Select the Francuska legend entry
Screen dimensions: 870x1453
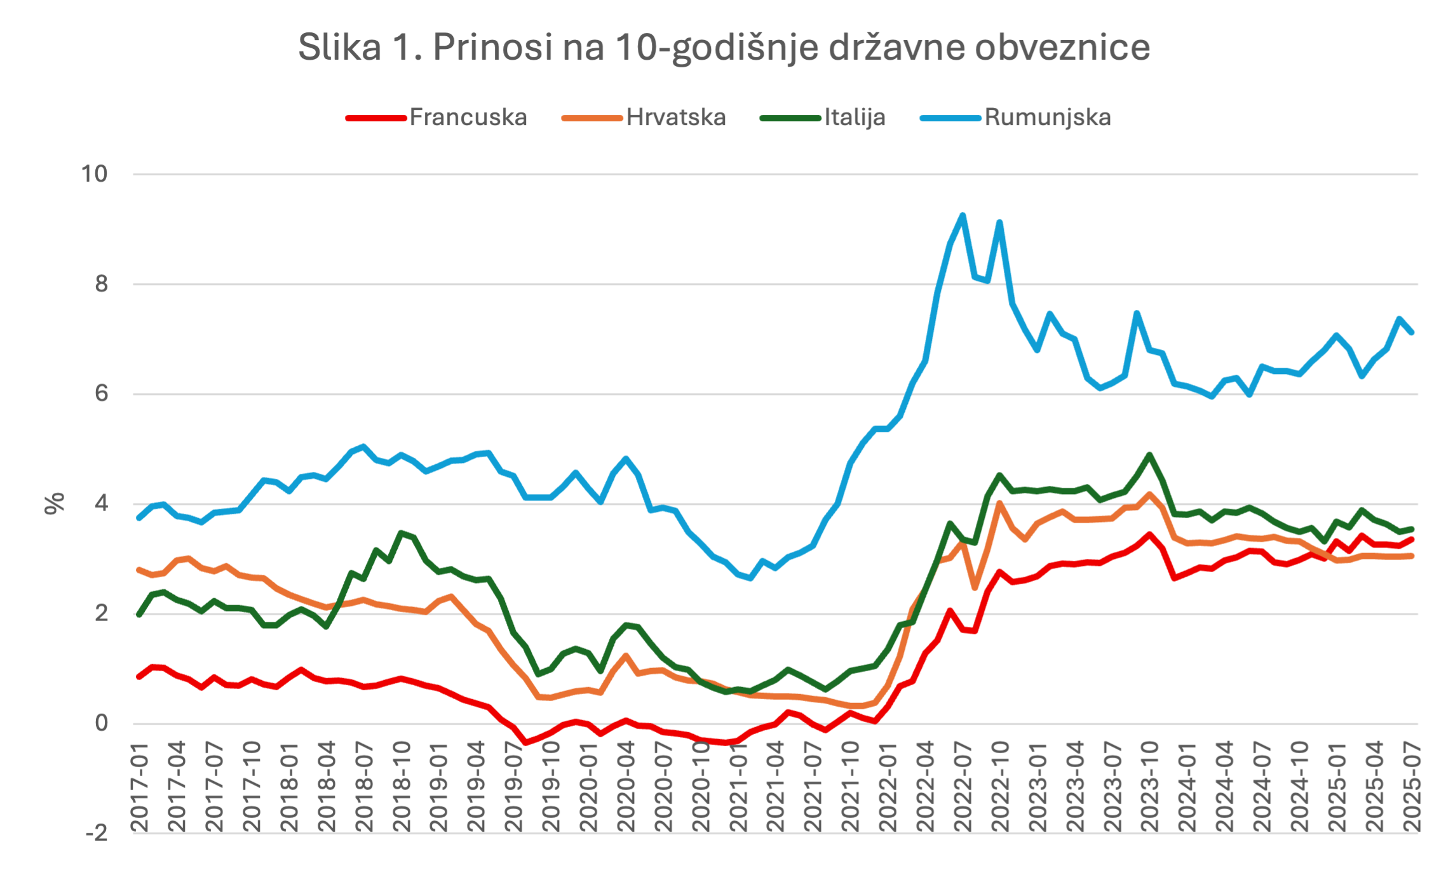pyautogui.click(x=468, y=117)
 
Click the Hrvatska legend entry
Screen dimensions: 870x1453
pyautogui.click(x=675, y=117)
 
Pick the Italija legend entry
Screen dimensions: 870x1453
pyautogui.click(x=855, y=117)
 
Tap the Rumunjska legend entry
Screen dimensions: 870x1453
pyautogui.click(x=1047, y=117)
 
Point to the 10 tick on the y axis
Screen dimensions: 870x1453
pyautogui.click(x=95, y=174)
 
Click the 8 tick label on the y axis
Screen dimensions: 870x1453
pyautogui.click(x=102, y=284)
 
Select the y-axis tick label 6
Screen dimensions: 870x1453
pyautogui.click(x=102, y=394)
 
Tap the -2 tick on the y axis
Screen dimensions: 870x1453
pyautogui.click(x=97, y=833)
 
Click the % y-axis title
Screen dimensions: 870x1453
pyautogui.click(x=55, y=504)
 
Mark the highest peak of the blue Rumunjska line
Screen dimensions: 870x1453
pyautogui.click(x=963, y=215)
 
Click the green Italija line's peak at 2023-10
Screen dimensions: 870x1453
pyautogui.click(x=1149, y=455)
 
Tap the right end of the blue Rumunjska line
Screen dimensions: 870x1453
pyautogui.click(x=1412, y=332)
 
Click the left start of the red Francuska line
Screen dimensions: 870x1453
pyautogui.click(x=139, y=677)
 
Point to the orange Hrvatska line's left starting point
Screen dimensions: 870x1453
pyautogui.click(x=139, y=570)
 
